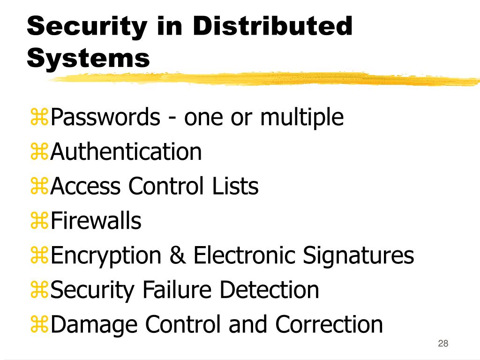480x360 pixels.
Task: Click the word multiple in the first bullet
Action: coord(302,117)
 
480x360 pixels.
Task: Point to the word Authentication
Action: coord(126,152)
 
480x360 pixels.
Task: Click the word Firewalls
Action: coord(96,220)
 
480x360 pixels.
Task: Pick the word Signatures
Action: coord(359,255)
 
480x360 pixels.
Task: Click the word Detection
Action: coord(269,290)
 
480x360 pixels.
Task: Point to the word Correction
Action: coord(329,324)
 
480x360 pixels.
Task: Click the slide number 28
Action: coord(443,344)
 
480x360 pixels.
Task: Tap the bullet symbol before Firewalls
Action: coord(39,221)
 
